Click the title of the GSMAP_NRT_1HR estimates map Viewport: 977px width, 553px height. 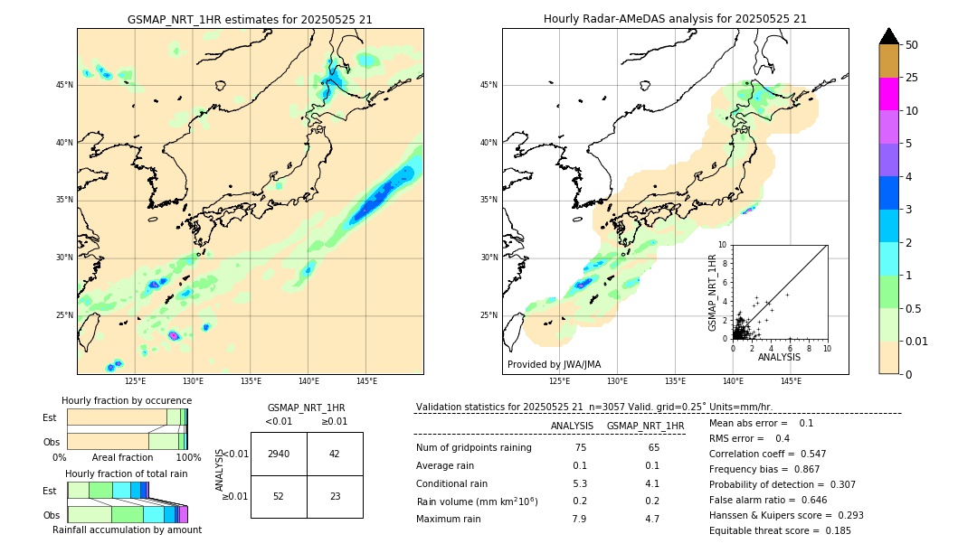(x=250, y=19)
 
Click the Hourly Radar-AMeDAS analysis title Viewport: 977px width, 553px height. (x=675, y=19)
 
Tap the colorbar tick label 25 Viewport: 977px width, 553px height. (x=913, y=78)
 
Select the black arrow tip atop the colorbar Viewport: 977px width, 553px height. (x=889, y=35)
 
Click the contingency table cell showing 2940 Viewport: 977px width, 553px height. (x=279, y=454)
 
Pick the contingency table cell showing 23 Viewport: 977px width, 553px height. (x=335, y=496)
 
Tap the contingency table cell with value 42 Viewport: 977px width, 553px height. (x=335, y=454)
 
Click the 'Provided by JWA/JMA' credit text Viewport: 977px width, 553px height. (x=554, y=365)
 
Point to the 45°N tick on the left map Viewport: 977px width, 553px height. (x=64, y=85)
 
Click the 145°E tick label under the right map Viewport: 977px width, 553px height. (x=791, y=381)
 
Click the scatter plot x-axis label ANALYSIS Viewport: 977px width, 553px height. (x=779, y=358)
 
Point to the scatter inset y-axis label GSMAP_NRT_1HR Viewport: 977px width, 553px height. (x=712, y=292)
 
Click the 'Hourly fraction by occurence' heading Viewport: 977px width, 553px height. (x=127, y=400)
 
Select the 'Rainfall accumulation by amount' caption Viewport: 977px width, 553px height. (x=127, y=530)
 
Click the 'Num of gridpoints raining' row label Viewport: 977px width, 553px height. (x=473, y=448)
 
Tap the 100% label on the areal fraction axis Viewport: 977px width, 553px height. (x=187, y=458)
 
